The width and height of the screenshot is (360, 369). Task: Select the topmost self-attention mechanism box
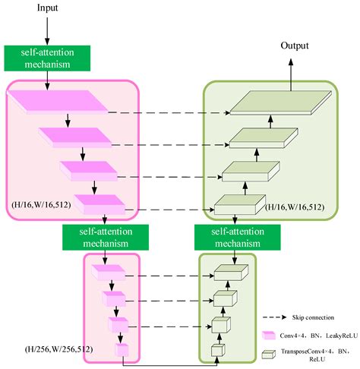click(47, 57)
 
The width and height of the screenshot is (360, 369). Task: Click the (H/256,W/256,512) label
click(46, 351)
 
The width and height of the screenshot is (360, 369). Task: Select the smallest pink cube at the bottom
click(122, 350)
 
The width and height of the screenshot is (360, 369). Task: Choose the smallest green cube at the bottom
click(217, 350)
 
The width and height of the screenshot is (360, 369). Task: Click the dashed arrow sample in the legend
click(279, 317)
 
